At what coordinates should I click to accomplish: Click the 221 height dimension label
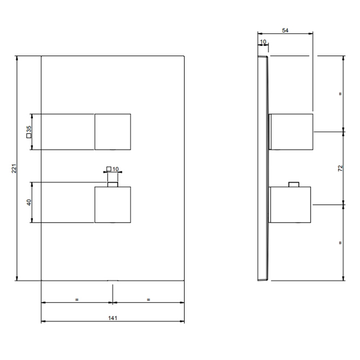pyautogui.click(x=14, y=169)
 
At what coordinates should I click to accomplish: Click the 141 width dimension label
pyautogui.click(x=113, y=318)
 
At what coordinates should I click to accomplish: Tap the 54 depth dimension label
pyautogui.click(x=285, y=30)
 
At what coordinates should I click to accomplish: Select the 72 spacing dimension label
pyautogui.click(x=340, y=168)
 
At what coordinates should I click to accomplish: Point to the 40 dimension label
pyautogui.click(x=29, y=202)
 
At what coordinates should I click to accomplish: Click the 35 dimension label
pyautogui.click(x=29, y=129)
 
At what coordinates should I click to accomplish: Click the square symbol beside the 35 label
pyautogui.click(x=29, y=136)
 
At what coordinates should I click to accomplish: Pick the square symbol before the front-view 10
pyautogui.click(x=109, y=169)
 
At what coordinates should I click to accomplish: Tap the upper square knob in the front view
pyautogui.click(x=113, y=132)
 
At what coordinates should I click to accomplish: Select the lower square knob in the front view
pyautogui.click(x=113, y=205)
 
